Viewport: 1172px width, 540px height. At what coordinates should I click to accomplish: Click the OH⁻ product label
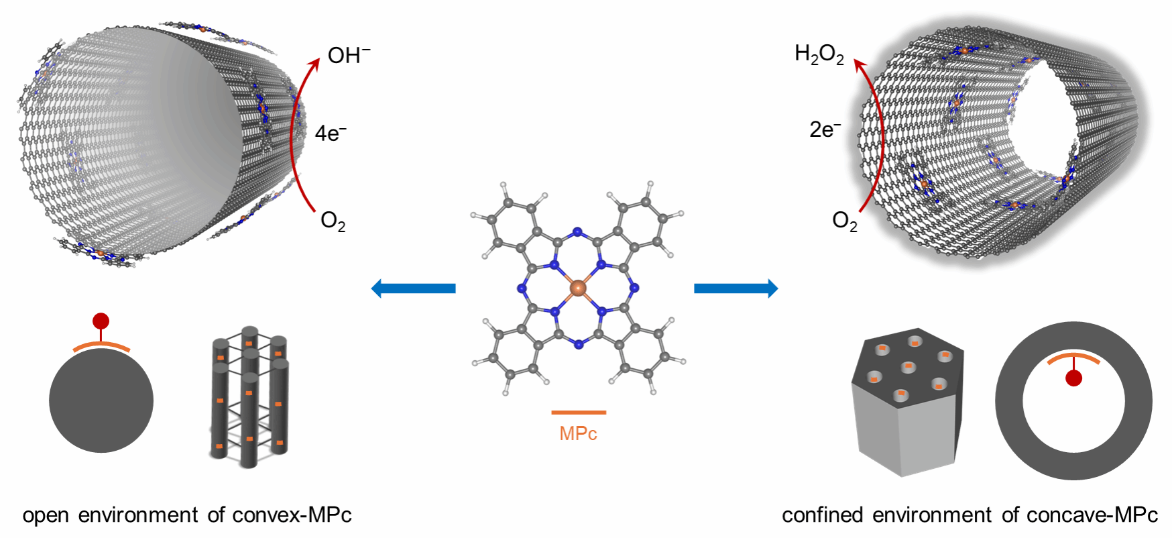tap(349, 55)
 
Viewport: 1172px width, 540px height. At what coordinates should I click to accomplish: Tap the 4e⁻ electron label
tap(331, 133)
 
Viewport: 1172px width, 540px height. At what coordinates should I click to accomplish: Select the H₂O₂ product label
tap(819, 54)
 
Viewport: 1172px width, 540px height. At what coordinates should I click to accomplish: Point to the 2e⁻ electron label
tap(825, 129)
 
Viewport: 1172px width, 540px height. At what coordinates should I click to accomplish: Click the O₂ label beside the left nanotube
tap(333, 221)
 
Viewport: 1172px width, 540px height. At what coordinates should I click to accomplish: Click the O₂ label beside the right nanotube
tap(844, 221)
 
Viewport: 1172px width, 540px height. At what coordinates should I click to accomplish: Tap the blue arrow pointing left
tap(414, 288)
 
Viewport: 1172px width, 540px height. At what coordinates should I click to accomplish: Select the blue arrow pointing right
tap(736, 288)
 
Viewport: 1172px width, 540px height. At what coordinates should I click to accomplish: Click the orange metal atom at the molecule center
tap(577, 288)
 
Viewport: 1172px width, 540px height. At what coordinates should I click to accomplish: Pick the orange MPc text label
tap(578, 433)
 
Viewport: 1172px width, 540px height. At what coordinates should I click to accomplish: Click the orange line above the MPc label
tap(579, 413)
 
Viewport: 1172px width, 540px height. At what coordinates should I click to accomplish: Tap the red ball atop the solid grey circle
tap(101, 321)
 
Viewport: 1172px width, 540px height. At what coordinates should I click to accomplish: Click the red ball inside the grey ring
tap(1073, 378)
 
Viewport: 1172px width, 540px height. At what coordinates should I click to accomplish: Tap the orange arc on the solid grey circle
tap(101, 345)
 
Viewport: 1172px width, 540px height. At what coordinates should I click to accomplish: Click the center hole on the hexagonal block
tap(909, 366)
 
